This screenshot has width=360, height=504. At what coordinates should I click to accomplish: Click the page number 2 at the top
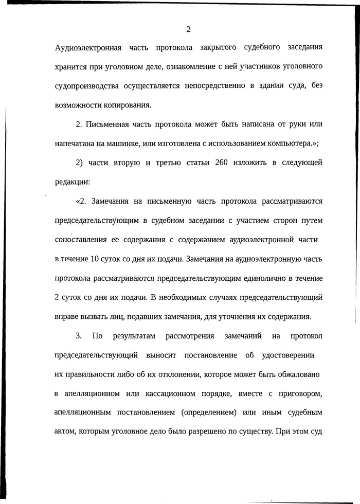click(x=188, y=29)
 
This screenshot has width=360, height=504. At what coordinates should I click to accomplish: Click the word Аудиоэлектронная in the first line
click(x=88, y=48)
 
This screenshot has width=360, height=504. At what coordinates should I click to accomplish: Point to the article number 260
click(x=207, y=164)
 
